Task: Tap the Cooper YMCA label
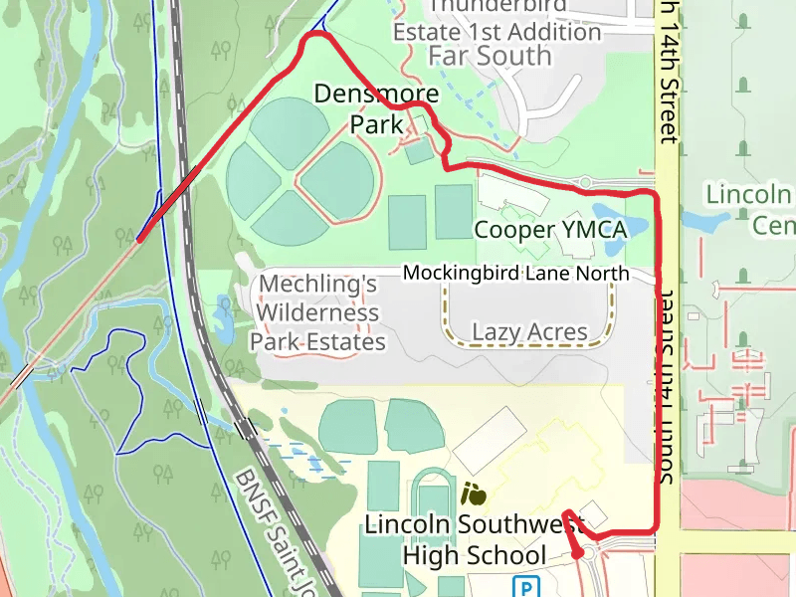pos(550,230)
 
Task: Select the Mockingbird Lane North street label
pos(515,273)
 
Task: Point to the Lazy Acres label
pos(529,331)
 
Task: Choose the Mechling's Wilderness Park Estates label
pos(316,313)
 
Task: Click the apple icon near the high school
pos(475,492)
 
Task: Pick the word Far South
pos(490,56)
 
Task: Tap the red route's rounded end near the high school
pos(580,552)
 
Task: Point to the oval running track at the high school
pos(433,502)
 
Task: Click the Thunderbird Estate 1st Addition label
pos(497,20)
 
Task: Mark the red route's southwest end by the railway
pos(139,239)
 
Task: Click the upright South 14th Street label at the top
pos(668,70)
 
